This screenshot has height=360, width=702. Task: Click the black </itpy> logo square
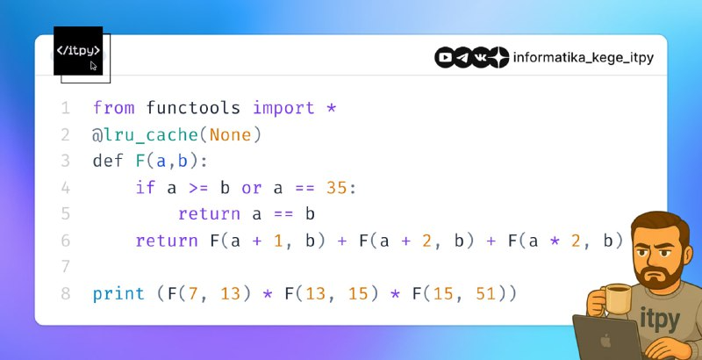(78, 51)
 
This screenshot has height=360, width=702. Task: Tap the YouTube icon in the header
(445, 58)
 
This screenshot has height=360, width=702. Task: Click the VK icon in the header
(480, 58)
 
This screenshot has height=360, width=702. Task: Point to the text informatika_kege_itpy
(584, 58)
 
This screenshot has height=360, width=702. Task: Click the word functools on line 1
(193, 108)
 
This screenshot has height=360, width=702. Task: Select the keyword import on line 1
(283, 109)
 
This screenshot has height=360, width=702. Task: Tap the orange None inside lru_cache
(231, 134)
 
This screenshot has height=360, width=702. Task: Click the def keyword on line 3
(108, 162)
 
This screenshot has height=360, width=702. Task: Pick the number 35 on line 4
(337, 188)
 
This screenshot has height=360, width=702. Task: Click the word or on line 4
(252, 189)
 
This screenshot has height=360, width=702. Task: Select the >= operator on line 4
(199, 189)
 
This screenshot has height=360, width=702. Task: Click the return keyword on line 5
(209, 214)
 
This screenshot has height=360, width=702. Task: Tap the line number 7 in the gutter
(65, 267)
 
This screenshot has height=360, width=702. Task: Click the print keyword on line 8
(118, 295)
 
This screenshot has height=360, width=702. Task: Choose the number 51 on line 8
(486, 294)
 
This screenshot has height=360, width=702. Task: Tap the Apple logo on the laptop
(605, 342)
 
